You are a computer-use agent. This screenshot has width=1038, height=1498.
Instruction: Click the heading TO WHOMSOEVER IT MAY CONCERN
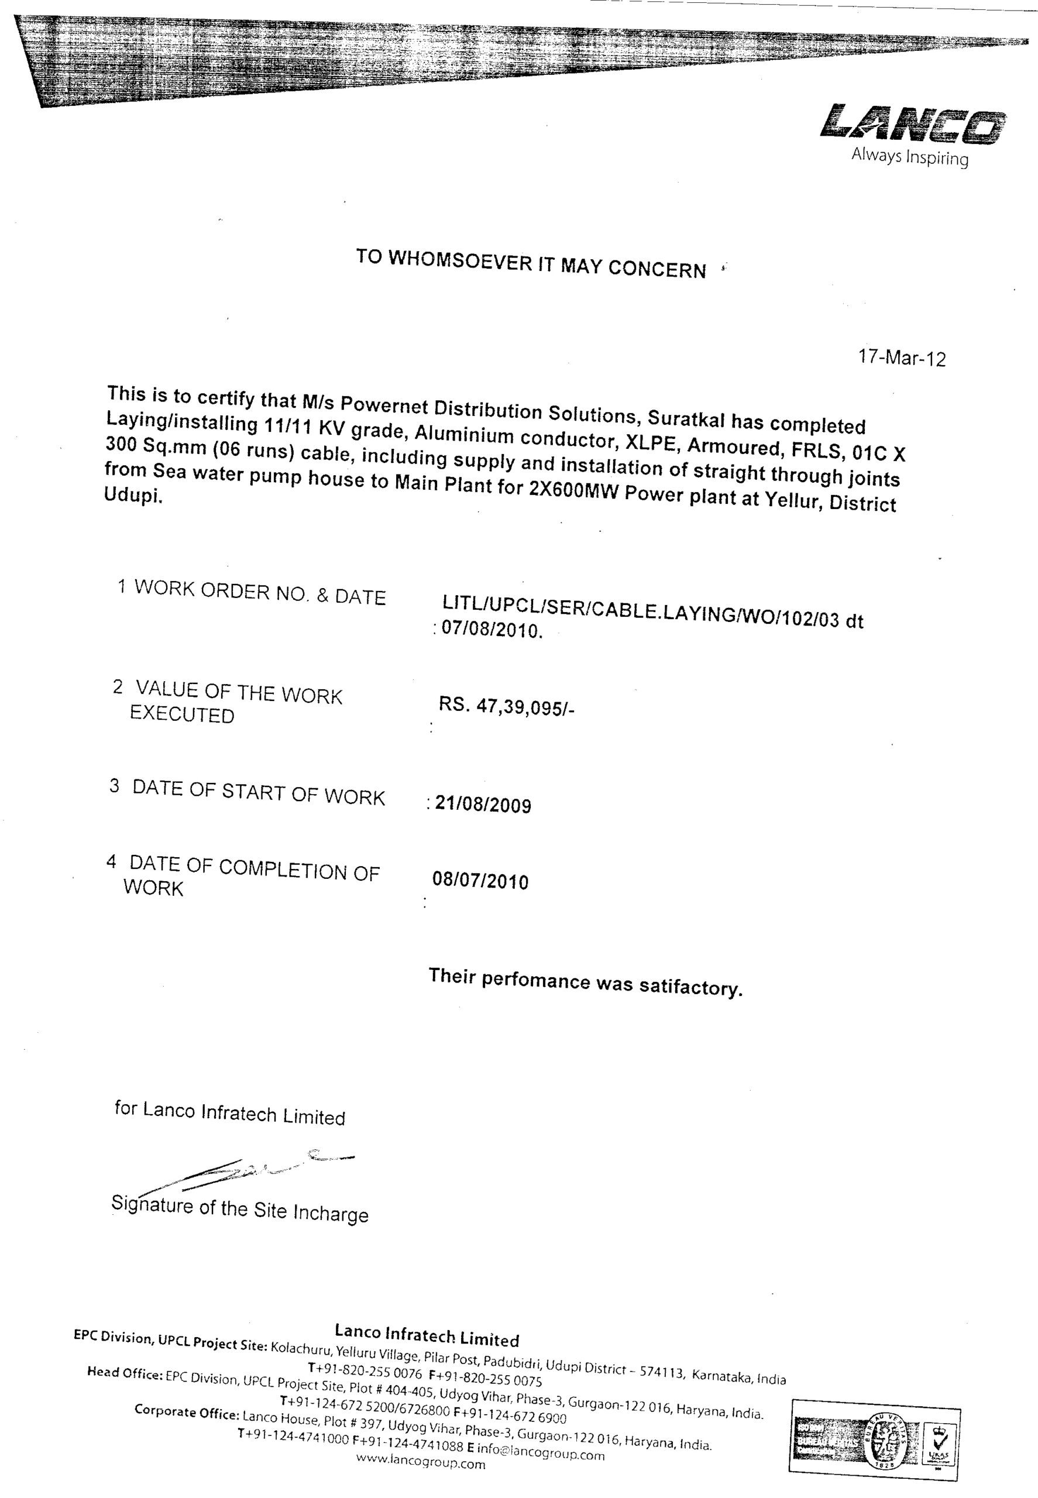[x=531, y=263]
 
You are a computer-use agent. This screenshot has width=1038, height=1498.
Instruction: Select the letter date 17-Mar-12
[x=902, y=358]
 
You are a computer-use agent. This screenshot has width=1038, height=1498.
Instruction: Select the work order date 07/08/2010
[x=491, y=630]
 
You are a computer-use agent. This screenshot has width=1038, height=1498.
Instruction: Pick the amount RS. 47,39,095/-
[x=507, y=706]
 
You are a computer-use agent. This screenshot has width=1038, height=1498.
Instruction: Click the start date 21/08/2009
[x=483, y=805]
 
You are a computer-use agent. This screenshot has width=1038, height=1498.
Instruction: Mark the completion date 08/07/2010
[x=480, y=881]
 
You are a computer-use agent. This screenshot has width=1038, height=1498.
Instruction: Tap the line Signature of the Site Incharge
[x=239, y=1211]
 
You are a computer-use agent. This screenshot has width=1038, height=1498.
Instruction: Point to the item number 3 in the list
[x=115, y=786]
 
